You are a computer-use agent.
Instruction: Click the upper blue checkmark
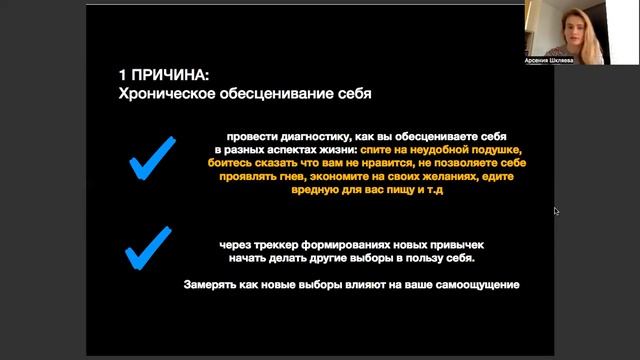152,159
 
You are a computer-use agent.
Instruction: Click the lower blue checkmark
148,247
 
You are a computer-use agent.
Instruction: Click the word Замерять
213,285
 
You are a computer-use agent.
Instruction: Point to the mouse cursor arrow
556,210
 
